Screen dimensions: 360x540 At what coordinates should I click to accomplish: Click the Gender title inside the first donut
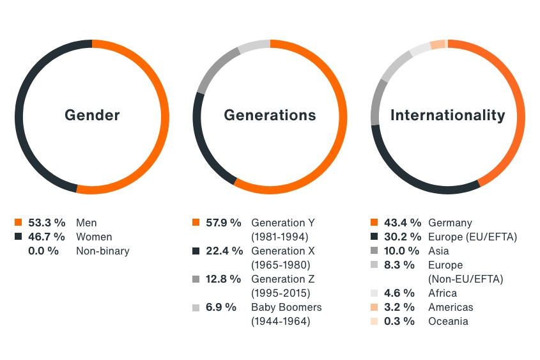pos(92,115)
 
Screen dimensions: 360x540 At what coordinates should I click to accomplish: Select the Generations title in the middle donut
pos(270,115)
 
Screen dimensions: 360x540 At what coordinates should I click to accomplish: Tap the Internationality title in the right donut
pos(447,115)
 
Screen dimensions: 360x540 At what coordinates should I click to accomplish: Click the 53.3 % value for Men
pos(47,223)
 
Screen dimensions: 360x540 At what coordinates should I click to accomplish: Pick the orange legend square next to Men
pos(18,223)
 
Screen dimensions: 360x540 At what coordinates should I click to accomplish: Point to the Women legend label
pos(94,237)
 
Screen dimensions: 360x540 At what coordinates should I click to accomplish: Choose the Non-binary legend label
pos(102,251)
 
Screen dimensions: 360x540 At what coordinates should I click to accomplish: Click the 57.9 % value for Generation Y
pos(224,223)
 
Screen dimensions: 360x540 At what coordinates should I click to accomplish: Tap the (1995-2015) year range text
pos(281,293)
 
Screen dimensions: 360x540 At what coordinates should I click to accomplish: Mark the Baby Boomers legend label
pos(286,307)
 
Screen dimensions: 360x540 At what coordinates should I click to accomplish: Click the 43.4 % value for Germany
pos(402,223)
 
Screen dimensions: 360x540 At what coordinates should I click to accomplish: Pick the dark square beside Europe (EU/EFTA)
pos(374,237)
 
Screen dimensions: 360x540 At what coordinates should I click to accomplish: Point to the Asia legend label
pos(438,251)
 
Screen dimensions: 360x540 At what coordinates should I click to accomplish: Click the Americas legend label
pos(451,307)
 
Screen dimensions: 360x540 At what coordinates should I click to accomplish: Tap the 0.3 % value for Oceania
pos(399,321)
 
